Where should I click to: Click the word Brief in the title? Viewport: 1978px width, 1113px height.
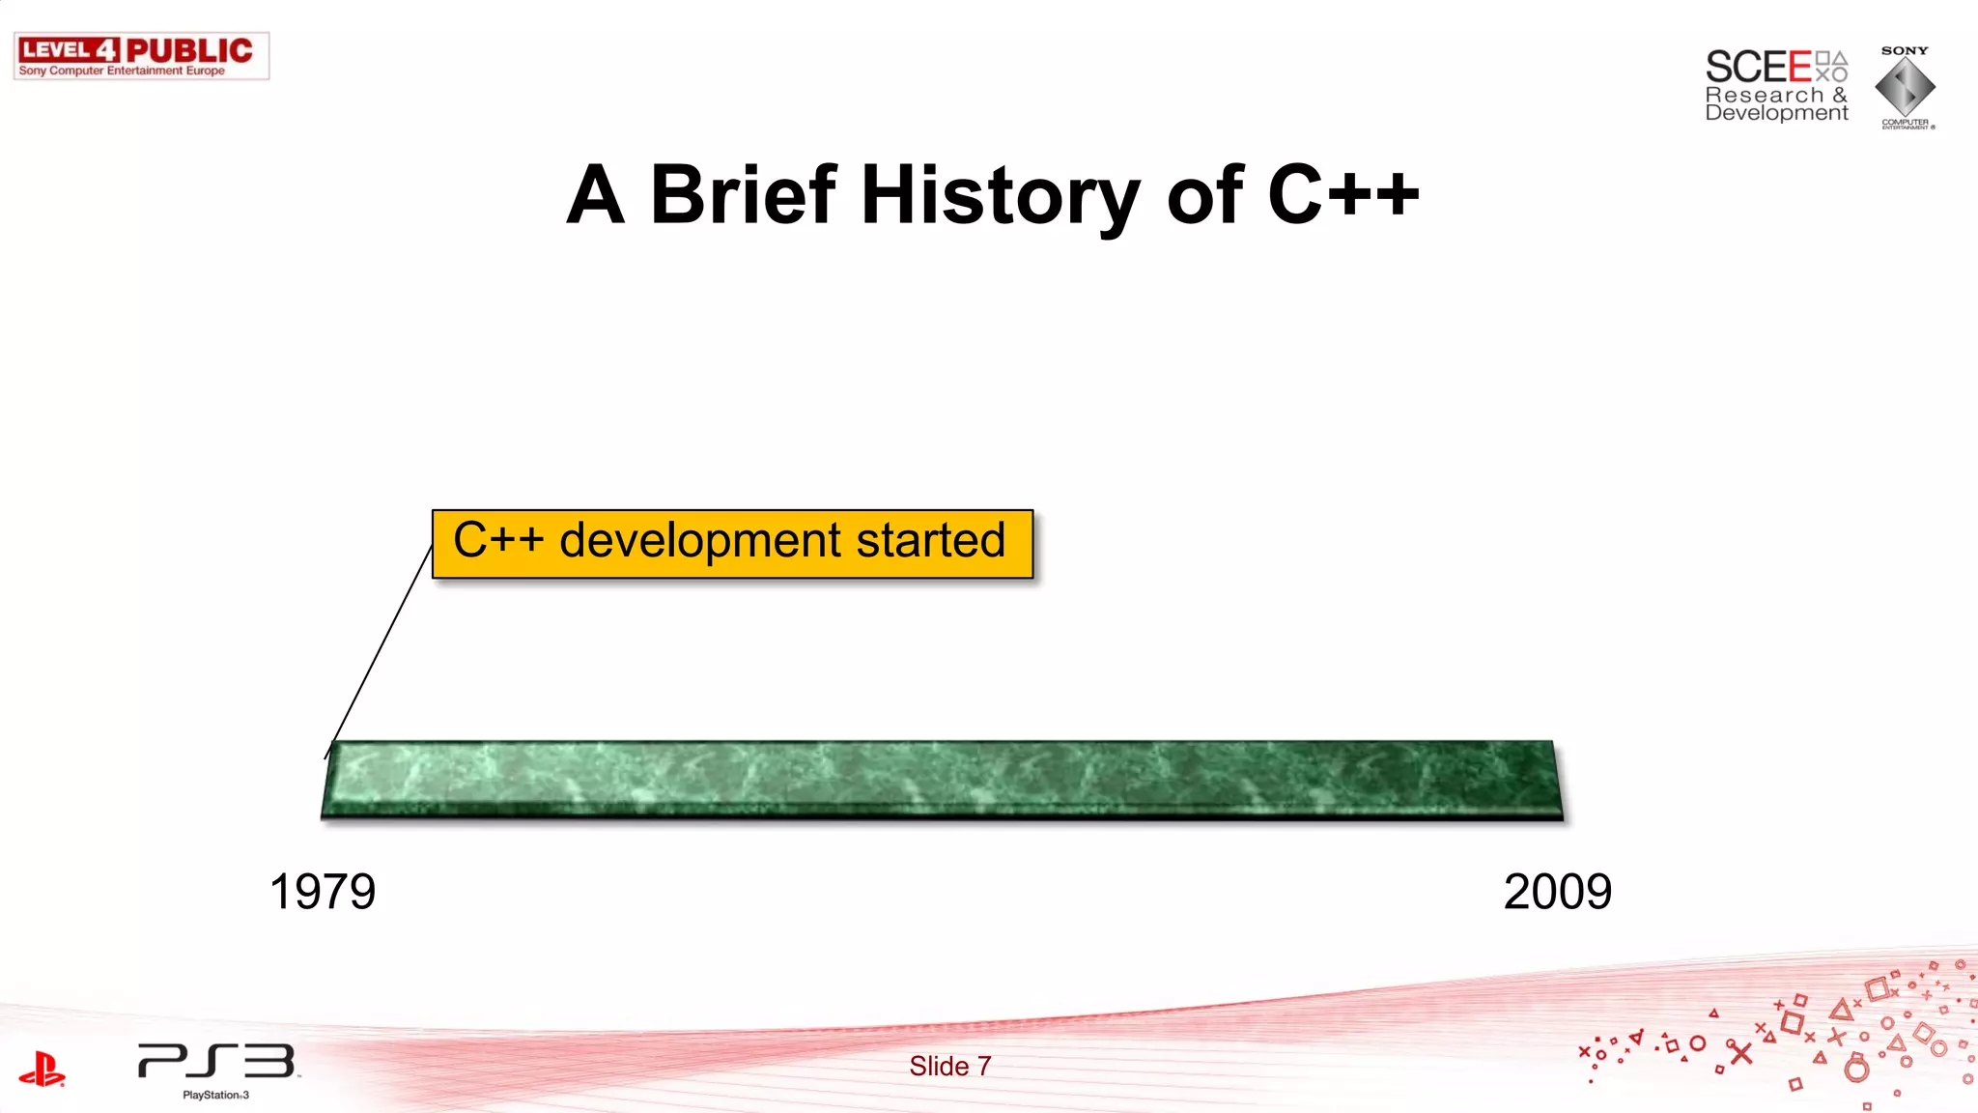click(x=743, y=195)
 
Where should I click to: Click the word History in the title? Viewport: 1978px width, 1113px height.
click(x=1000, y=197)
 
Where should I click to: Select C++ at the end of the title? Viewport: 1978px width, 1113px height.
click(x=1342, y=195)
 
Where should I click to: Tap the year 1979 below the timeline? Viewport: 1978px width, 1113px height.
click(x=322, y=891)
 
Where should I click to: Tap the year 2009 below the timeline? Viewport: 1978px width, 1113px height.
click(x=1557, y=891)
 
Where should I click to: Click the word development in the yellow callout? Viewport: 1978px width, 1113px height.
click(x=700, y=541)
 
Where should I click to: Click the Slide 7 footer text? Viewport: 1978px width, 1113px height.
click(x=949, y=1066)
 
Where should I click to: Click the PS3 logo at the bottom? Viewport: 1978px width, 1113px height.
click(x=216, y=1061)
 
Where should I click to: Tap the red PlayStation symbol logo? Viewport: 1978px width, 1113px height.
click(x=42, y=1070)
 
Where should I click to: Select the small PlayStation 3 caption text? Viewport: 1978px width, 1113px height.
click(x=215, y=1096)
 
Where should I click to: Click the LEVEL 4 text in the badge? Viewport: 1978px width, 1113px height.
click(x=68, y=50)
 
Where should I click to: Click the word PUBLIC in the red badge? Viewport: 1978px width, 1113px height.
click(x=189, y=50)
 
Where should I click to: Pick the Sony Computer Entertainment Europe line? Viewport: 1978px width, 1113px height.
click(x=122, y=71)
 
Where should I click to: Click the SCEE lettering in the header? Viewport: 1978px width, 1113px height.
click(x=1758, y=68)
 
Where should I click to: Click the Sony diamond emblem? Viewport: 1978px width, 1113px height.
click(x=1905, y=88)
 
